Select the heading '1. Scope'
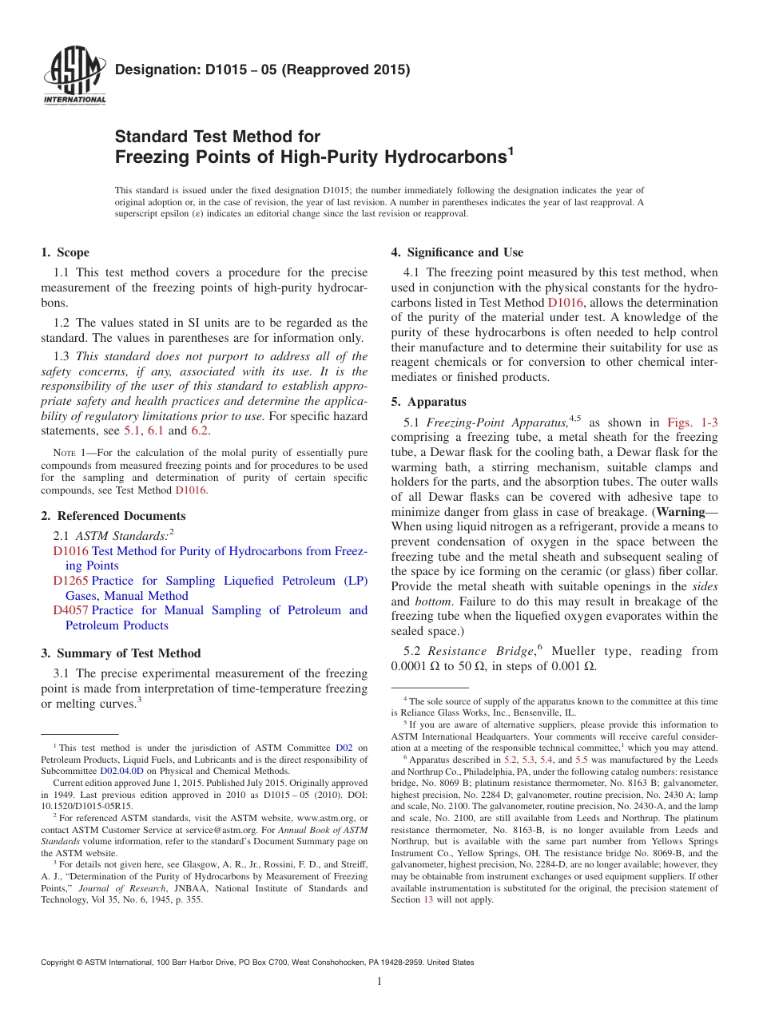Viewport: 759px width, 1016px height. (65, 252)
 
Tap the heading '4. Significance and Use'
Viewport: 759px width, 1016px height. (457, 252)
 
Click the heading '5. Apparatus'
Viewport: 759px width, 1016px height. (428, 402)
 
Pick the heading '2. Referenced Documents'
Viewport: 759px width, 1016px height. (113, 516)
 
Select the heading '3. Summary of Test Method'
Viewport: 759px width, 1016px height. (121, 653)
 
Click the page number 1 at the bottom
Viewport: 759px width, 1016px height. (379, 982)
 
